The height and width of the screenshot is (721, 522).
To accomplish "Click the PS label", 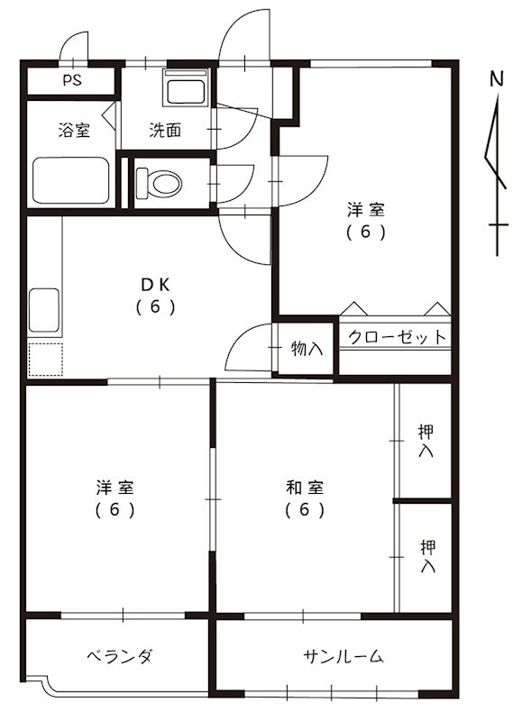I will (71, 80).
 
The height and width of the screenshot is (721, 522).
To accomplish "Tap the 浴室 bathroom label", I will (74, 131).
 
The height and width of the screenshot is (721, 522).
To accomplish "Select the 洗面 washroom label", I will (165, 131).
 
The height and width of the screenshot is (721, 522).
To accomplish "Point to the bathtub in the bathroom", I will (71, 181).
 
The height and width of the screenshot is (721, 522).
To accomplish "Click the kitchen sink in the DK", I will (44, 312).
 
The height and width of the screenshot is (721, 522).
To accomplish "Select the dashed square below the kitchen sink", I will (44, 360).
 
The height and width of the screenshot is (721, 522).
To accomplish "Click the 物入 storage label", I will (307, 348).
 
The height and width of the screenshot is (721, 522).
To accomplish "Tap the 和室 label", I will (305, 488).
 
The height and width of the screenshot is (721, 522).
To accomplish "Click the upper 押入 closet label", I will (426, 441).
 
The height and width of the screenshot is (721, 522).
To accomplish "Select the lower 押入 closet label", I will (426, 556).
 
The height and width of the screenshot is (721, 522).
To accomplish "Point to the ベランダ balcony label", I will (119, 655).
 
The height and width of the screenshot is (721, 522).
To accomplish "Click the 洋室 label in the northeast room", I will (367, 211).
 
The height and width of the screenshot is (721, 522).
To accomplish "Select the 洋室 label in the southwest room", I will (116, 488).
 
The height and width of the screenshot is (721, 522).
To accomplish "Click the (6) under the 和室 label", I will (305, 510).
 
